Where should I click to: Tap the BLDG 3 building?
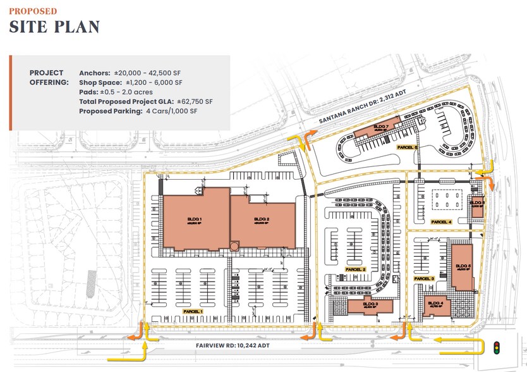click(x=371, y=306)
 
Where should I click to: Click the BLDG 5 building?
click(x=462, y=266)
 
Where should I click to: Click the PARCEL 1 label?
click(x=192, y=311)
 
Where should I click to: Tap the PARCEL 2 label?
click(x=355, y=270)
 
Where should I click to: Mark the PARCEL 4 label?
click(x=440, y=222)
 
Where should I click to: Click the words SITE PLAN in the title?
click(x=54, y=27)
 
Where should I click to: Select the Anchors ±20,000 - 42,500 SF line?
click(x=131, y=72)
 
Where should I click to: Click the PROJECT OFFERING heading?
click(x=46, y=77)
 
